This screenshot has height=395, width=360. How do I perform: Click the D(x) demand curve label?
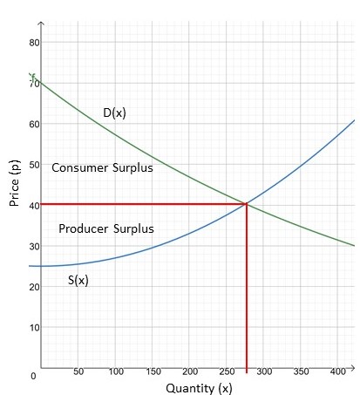pos(114,112)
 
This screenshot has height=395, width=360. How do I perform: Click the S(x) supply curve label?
pos(79,281)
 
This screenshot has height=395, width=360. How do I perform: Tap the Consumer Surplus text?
pos(102,167)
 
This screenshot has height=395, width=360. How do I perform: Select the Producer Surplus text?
pos(105,228)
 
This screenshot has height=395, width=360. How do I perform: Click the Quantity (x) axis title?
pos(200,387)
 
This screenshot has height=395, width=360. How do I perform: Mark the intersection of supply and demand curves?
pos(247,204)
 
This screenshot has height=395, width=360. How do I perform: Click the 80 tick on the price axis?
pos(34,43)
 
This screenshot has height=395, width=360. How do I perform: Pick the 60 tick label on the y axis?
pos(34,125)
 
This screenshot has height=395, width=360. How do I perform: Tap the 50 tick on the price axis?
pos(34,165)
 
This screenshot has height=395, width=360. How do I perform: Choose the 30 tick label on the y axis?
pos(34,247)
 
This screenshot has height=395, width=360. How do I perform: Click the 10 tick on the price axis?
pos(34,328)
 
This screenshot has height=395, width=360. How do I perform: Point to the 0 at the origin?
pos(33,376)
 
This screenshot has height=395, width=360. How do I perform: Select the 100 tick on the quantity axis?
pos(116,371)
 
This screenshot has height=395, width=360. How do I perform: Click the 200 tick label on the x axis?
pos(190,371)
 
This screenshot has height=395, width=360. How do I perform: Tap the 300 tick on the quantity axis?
pos(264,371)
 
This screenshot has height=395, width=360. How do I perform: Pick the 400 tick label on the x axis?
pos(338,371)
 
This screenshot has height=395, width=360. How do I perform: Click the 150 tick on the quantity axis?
pos(153,371)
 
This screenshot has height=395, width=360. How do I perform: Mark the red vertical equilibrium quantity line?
pos(247,288)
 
